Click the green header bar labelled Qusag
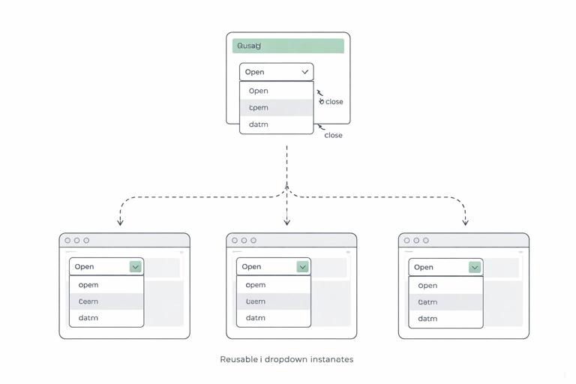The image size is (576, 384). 288,46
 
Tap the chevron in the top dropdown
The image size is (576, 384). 304,72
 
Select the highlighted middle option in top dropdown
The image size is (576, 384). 276,107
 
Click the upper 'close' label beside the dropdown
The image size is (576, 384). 334,101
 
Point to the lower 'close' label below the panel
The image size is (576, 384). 333,135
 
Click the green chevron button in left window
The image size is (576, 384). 135,266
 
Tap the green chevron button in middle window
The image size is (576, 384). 302,266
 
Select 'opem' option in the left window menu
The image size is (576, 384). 88,285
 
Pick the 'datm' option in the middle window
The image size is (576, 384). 256,318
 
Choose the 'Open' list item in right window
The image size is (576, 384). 427,286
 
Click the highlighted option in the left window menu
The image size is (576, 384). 106,301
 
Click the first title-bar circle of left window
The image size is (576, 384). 67,241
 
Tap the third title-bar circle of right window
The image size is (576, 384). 426,241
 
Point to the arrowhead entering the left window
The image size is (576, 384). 120,222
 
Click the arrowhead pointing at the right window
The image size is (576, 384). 465,222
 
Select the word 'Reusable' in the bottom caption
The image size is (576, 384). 238,359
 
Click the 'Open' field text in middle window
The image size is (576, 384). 252,266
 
